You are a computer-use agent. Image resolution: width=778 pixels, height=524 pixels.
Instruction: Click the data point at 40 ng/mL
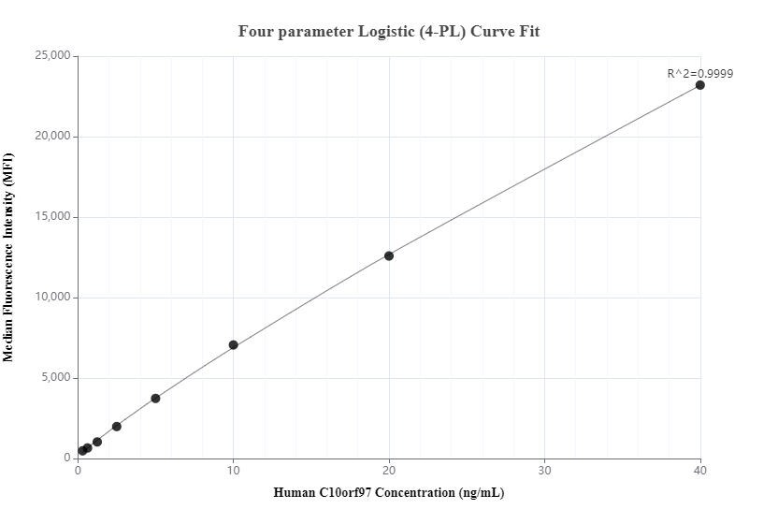[699, 85]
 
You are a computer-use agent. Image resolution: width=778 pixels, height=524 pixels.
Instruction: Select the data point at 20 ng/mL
[389, 255]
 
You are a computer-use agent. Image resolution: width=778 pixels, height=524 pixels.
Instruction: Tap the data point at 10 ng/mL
[233, 345]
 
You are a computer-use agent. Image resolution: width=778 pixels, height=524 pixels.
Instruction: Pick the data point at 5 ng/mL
[155, 399]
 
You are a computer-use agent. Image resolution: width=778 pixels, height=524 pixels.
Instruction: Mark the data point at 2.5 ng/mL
[117, 427]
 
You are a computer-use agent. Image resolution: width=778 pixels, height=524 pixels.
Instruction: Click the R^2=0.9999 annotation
[699, 73]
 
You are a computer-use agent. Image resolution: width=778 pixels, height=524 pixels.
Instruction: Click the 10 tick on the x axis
[233, 470]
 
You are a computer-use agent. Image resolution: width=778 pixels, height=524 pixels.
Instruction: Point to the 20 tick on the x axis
[389, 470]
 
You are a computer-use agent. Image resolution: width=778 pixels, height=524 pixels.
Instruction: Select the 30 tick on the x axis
[544, 470]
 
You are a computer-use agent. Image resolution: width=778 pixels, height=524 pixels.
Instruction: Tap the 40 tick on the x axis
[699, 470]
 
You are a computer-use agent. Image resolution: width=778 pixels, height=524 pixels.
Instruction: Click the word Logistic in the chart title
[389, 32]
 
